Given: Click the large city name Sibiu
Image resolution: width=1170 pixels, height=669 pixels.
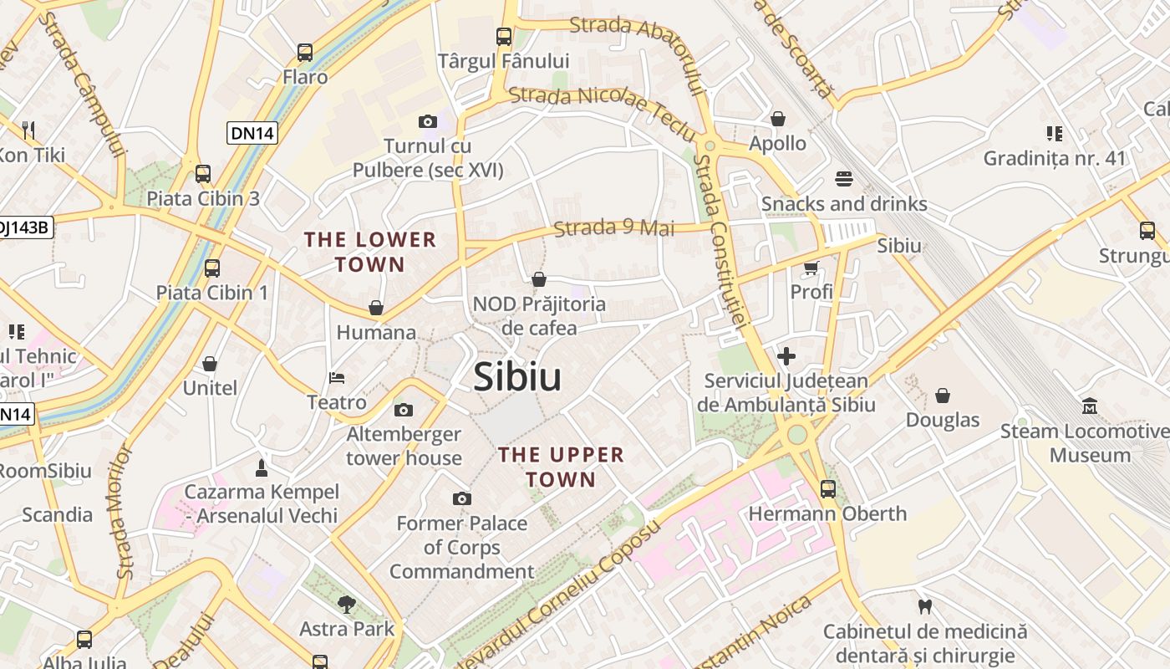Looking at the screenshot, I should click(x=517, y=377).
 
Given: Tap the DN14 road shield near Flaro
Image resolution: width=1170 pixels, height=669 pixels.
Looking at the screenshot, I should click(x=252, y=132).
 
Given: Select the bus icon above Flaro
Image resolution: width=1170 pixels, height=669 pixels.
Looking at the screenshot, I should click(x=305, y=53).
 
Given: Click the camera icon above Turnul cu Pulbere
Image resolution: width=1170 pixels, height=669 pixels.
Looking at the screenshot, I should click(x=428, y=122).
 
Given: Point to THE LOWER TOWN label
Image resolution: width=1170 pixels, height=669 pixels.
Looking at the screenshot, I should click(x=370, y=252).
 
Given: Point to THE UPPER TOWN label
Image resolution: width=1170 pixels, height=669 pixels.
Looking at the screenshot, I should click(x=561, y=467).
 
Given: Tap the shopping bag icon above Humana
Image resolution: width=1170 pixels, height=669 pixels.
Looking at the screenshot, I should click(x=376, y=309).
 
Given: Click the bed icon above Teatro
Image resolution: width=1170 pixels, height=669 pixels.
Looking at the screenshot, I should click(x=337, y=378).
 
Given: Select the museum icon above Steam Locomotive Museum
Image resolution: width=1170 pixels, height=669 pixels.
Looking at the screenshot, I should click(x=1090, y=407).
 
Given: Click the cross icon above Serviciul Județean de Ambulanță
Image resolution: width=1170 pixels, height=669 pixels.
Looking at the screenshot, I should click(x=786, y=357).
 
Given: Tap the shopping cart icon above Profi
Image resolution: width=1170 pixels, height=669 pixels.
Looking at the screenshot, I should click(x=811, y=268).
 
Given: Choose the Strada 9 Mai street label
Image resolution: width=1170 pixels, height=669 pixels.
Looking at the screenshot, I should click(x=613, y=227).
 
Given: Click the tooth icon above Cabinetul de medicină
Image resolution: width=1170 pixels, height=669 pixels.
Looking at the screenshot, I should click(x=924, y=606).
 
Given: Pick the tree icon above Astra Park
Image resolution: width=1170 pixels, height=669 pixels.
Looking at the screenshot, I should click(x=347, y=604).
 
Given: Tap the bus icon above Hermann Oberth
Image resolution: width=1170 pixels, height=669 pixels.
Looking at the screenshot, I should click(x=827, y=488).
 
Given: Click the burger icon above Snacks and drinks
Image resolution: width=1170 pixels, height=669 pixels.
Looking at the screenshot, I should click(x=843, y=179).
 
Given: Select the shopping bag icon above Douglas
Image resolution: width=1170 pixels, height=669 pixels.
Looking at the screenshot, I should click(x=943, y=396).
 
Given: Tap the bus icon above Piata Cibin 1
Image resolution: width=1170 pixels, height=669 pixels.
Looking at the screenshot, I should click(x=212, y=268).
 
